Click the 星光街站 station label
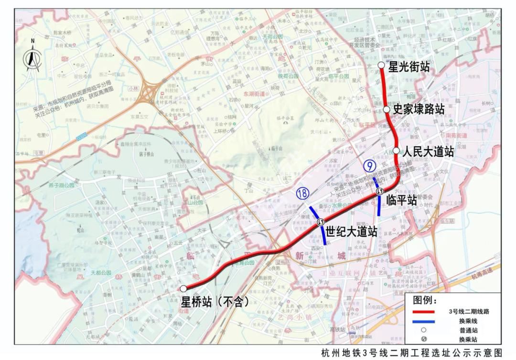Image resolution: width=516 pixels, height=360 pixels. tap(409, 67)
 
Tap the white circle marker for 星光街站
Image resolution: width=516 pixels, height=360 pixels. tap(380, 65)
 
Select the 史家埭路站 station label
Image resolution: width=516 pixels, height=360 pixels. tap(419, 109)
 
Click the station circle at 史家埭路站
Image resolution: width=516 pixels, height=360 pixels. tap(387, 109)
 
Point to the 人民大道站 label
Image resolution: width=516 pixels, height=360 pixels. tap(428, 152)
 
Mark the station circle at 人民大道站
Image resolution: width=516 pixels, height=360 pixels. tap(396, 150)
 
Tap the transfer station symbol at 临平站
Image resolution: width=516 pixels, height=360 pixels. tap(379, 191)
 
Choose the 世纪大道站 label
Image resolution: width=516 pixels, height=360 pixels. tap(351, 232)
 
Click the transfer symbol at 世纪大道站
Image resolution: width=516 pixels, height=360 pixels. tap(321, 221)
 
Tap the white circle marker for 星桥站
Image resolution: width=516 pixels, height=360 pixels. tap(183, 288)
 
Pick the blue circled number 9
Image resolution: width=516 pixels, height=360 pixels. tap(369, 166)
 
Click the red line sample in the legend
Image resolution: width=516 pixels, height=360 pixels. tap(422, 312)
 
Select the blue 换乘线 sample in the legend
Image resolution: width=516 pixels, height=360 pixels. tap(422, 321)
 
